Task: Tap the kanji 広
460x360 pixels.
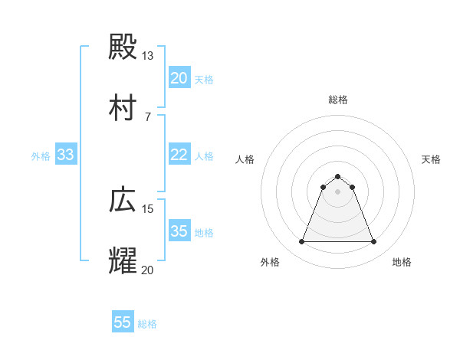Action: click(x=123, y=200)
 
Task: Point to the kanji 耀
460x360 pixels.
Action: click(x=123, y=260)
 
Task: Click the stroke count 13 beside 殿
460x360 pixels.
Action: click(x=147, y=56)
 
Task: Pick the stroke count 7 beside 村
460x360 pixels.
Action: click(x=147, y=116)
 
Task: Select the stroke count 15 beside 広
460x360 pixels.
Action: click(x=147, y=208)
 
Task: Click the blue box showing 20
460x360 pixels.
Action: click(x=179, y=78)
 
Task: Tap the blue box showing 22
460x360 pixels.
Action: click(x=179, y=155)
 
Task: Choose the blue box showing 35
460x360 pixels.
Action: click(x=179, y=231)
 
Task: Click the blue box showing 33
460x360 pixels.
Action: click(x=66, y=155)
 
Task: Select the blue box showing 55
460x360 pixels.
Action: click(x=123, y=322)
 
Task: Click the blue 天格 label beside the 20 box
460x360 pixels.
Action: click(x=204, y=79)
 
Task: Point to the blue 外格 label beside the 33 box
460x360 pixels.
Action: click(x=41, y=155)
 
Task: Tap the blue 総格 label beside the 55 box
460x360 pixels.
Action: click(x=147, y=323)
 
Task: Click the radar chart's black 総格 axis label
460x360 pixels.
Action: click(x=337, y=100)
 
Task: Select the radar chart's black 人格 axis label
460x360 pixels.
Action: click(x=245, y=159)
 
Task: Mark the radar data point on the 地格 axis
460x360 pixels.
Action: click(x=373, y=242)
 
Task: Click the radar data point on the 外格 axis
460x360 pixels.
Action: click(x=301, y=242)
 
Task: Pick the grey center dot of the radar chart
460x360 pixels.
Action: click(x=337, y=191)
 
